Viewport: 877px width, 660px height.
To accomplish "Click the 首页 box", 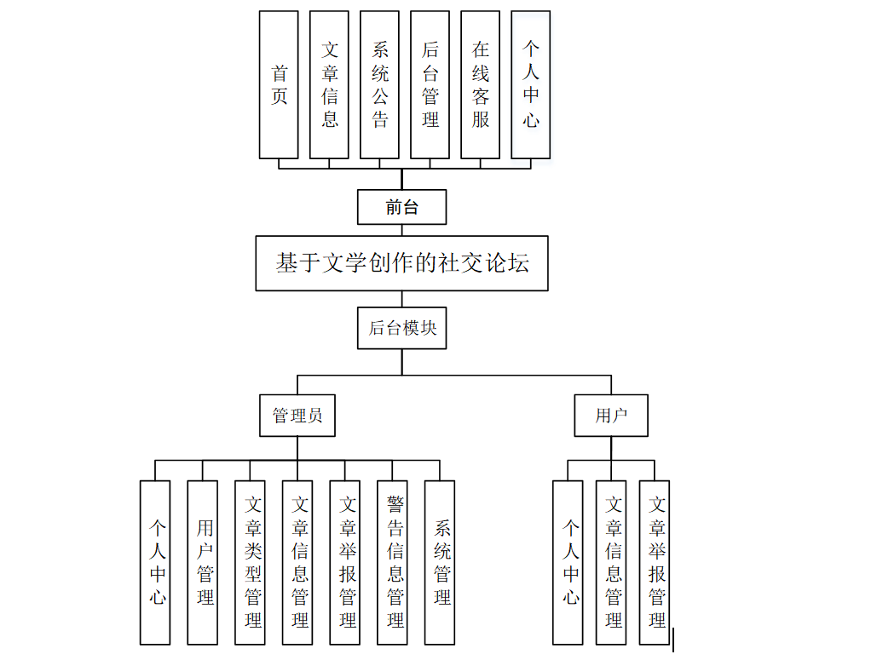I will [279, 84].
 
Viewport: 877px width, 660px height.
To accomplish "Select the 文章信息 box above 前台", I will [329, 84].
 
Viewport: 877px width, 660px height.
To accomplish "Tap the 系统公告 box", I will [379, 84].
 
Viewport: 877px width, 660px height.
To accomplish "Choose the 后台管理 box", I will [430, 84].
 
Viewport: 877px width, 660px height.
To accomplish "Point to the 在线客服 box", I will [480, 84].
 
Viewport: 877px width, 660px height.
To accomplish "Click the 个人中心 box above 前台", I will [530, 84].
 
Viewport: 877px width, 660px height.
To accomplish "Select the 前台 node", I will [401, 207].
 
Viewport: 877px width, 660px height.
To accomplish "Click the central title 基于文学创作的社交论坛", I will [401, 263].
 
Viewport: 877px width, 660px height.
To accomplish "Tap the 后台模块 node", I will [401, 328].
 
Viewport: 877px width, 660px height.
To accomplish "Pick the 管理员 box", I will [297, 416].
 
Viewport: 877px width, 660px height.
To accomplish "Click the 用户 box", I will [611, 416].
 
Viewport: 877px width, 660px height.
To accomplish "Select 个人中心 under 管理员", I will [155, 562].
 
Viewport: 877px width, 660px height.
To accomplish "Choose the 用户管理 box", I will [203, 562].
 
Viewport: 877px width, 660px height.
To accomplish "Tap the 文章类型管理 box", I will [250, 562].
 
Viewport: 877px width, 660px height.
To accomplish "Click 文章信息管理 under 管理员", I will [297, 562].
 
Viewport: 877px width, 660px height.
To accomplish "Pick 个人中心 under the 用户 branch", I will [568, 562].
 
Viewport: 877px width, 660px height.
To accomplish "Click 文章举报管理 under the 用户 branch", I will [655, 562].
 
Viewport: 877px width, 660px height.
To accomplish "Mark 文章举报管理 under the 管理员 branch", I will [345, 562].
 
